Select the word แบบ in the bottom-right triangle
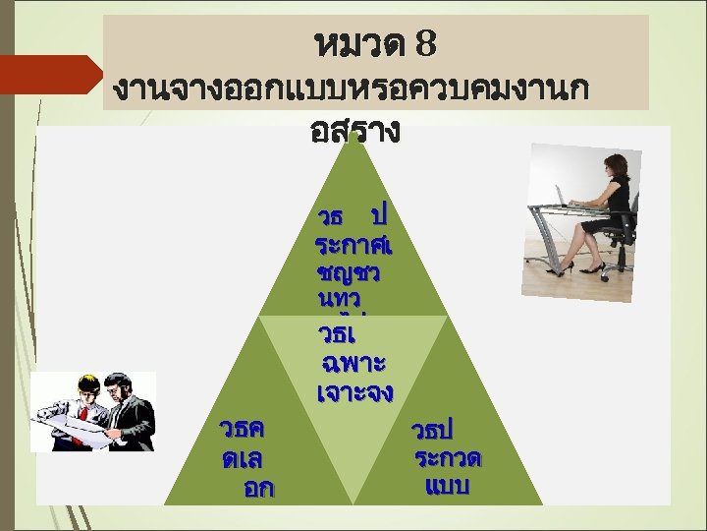click(x=449, y=486)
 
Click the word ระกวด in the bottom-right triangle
click(x=452, y=458)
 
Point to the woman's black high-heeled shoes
click(x=565, y=265)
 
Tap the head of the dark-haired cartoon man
click(x=116, y=383)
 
